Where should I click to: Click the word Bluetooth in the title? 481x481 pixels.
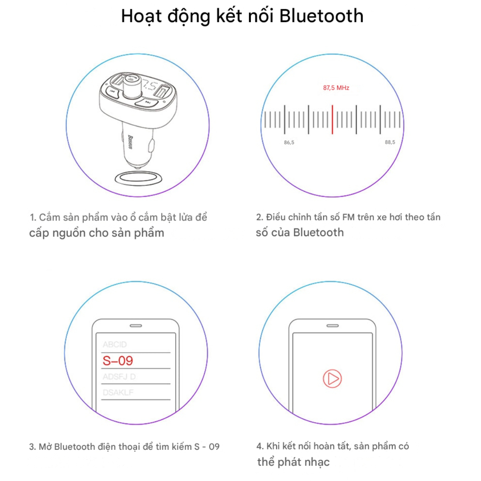tap(321, 16)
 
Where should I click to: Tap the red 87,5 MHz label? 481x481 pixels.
tap(336, 88)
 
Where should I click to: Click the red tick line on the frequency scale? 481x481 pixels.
tap(332, 119)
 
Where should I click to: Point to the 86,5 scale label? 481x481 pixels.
tap(289, 143)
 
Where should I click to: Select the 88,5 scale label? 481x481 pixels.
tap(390, 142)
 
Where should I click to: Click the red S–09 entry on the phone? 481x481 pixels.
tap(118, 361)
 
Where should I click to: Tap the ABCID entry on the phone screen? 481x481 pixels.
tap(115, 344)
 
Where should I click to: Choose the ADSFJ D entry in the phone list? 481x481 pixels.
tap(119, 376)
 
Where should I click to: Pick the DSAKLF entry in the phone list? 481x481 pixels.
tap(118, 392)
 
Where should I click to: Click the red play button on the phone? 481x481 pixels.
tap(332, 379)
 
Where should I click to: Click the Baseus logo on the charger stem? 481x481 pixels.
tap(130, 142)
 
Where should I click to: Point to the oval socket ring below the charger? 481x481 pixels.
tap(138, 178)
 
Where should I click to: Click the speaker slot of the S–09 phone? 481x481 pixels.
tap(136, 326)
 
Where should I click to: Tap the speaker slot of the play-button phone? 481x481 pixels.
tap(332, 326)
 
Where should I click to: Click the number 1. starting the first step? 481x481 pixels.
tap(33, 217)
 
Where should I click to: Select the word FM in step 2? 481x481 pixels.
tap(348, 217)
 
